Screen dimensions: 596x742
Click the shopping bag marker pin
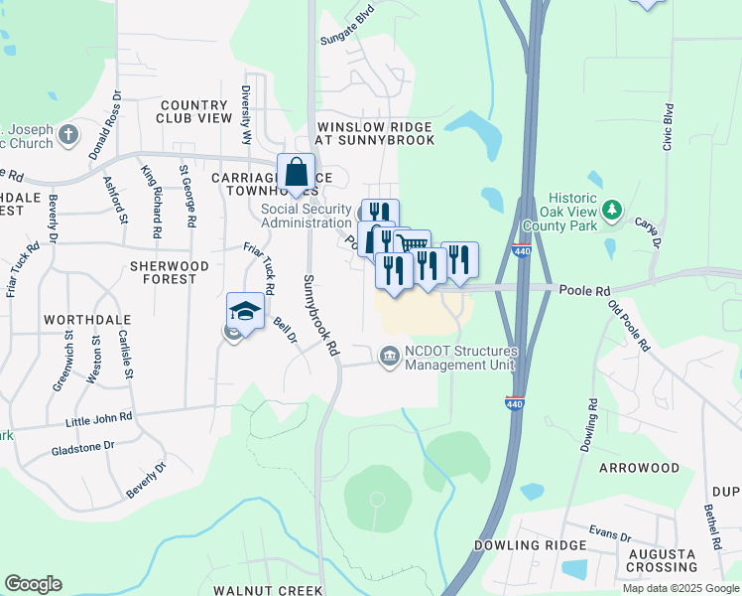(x=297, y=174)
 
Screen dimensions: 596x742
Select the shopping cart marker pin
(x=412, y=244)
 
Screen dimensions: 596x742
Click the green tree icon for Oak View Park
(x=613, y=209)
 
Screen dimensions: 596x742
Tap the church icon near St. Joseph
(x=67, y=134)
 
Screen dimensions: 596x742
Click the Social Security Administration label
(x=306, y=216)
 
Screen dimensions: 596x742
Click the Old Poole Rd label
(x=629, y=326)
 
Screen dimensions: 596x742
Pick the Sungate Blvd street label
(x=348, y=28)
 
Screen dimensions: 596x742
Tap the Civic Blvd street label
(x=669, y=126)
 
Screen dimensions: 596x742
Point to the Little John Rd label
(x=99, y=420)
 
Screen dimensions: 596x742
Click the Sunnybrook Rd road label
(x=320, y=315)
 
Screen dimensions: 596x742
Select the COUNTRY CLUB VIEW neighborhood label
(x=194, y=111)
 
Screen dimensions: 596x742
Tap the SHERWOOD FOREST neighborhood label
(x=170, y=273)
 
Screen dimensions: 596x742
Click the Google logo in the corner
(x=34, y=584)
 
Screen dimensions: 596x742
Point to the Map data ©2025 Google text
(x=680, y=588)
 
